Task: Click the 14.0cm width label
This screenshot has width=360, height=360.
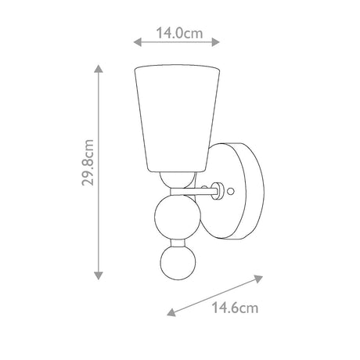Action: click(179, 34)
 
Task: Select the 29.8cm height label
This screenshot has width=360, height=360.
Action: click(88, 163)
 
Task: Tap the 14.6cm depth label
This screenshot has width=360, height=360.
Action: click(235, 308)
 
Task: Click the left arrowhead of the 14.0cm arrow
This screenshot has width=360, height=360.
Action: click(138, 41)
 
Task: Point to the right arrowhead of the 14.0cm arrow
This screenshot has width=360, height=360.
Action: click(215, 41)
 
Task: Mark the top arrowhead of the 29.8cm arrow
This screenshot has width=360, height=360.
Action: click(99, 68)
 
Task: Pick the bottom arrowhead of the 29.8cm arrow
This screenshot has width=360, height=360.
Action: click(99, 275)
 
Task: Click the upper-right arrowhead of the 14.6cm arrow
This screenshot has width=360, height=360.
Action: click(258, 279)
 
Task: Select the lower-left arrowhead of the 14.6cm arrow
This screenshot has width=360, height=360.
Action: click(171, 312)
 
